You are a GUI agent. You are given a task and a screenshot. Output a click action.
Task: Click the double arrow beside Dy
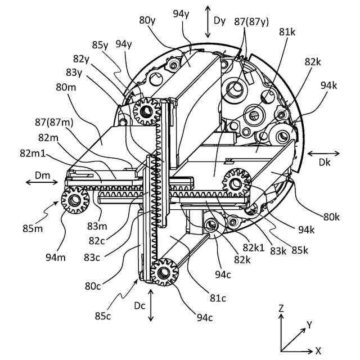pos(208,21)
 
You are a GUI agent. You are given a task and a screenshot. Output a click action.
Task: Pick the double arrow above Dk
pos(323,152)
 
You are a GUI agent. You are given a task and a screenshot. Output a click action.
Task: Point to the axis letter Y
pos(308,325)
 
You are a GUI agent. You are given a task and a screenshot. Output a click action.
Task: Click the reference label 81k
pos(287,33)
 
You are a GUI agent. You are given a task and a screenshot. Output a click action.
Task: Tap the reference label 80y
pos(148,21)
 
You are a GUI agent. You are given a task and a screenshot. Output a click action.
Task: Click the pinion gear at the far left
pos(73,200)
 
